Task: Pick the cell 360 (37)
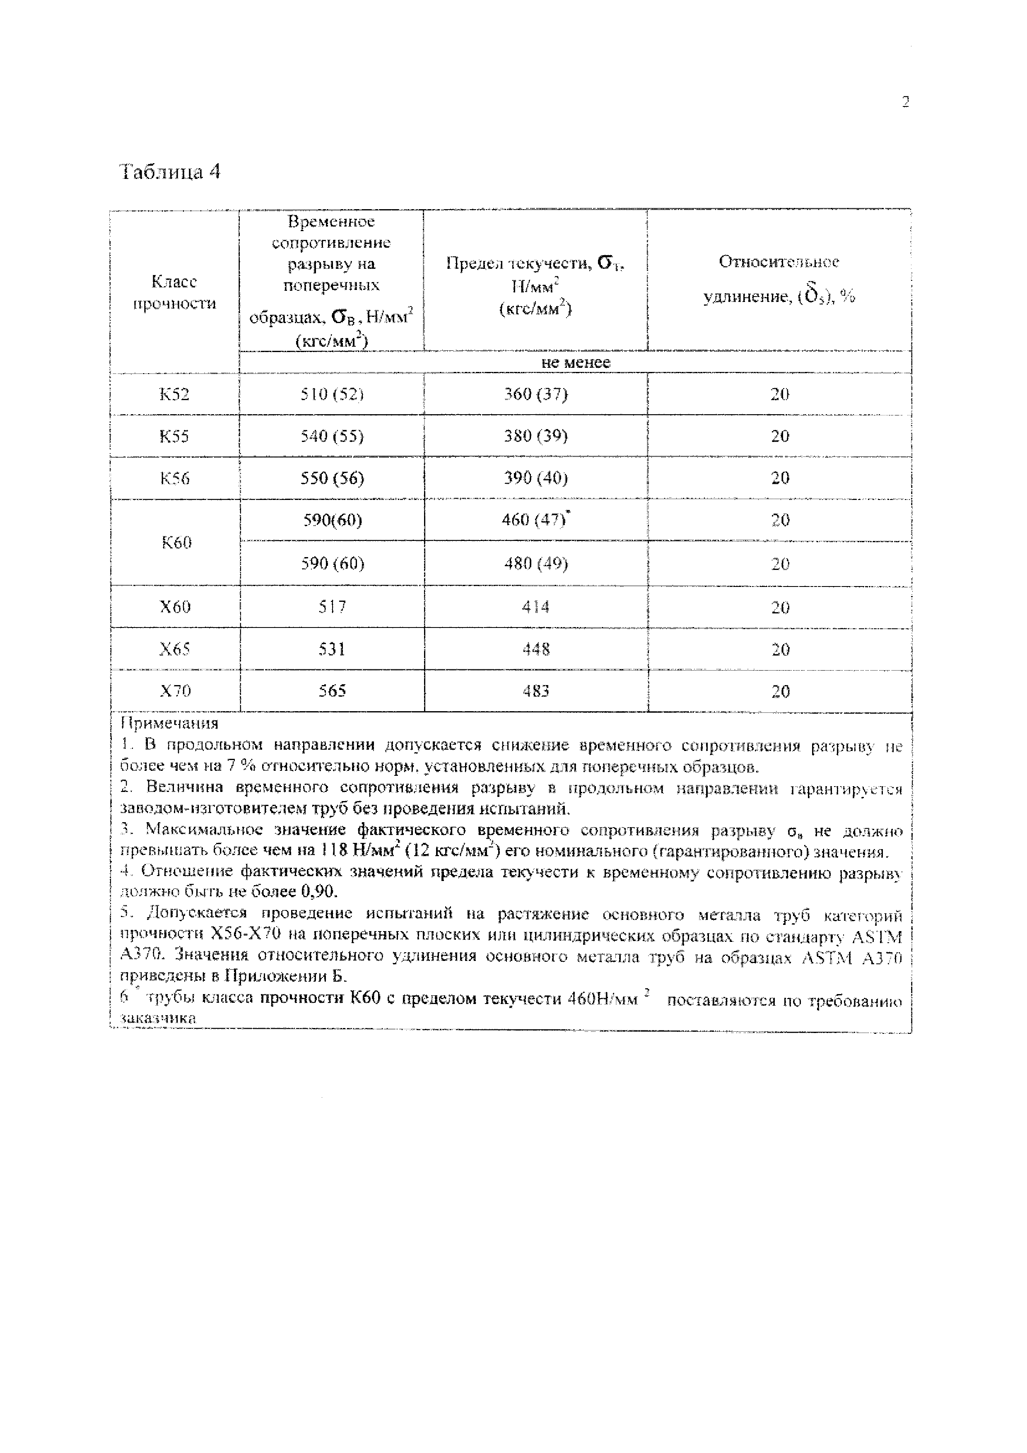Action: (x=535, y=394)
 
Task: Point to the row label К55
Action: (x=174, y=436)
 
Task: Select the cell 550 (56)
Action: (x=332, y=478)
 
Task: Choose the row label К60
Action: (x=176, y=542)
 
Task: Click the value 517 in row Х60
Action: (x=332, y=607)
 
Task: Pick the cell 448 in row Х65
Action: (x=535, y=649)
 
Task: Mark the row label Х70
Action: (x=175, y=691)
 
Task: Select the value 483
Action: (x=535, y=691)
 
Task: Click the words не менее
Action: (x=575, y=362)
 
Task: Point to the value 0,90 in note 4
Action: (x=320, y=892)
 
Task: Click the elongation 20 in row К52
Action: (x=780, y=394)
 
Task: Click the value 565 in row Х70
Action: (x=332, y=691)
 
